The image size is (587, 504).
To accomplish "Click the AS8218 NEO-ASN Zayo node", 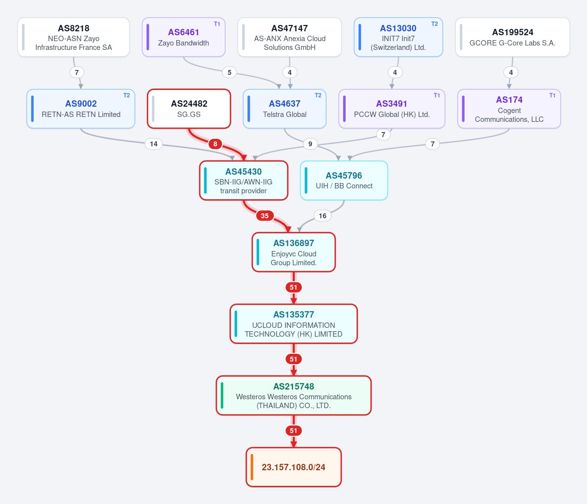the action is click(x=73, y=37).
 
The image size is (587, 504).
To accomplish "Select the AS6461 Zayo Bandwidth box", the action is click(x=184, y=37).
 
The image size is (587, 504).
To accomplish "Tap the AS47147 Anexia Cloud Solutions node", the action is click(x=289, y=37).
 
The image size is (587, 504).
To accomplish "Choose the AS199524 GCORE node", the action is click(x=513, y=37).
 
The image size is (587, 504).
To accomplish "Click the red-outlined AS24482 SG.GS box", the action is click(x=189, y=109).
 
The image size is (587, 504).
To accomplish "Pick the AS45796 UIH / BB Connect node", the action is click(x=344, y=181).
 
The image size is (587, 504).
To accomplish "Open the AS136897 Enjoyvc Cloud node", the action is click(x=294, y=252).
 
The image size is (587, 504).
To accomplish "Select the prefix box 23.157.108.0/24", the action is click(x=294, y=467).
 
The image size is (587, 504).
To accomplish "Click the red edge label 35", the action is click(x=265, y=215).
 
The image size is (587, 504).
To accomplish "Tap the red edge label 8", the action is click(x=215, y=144).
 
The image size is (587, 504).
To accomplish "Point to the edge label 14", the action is click(x=154, y=144).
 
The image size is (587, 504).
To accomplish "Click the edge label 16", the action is click(x=322, y=215).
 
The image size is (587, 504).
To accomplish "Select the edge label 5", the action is click(x=230, y=72).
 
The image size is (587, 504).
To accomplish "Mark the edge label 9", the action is click(x=310, y=144).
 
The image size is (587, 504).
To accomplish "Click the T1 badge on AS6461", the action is click(x=217, y=24).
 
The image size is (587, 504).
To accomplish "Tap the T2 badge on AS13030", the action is click(x=434, y=24).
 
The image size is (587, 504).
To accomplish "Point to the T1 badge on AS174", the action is click(x=552, y=95).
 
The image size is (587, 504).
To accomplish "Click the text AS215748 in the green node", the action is click(x=294, y=387).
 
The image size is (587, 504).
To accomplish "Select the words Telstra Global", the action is click(x=284, y=115).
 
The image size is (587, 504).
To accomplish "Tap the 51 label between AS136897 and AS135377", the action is click(x=294, y=287).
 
